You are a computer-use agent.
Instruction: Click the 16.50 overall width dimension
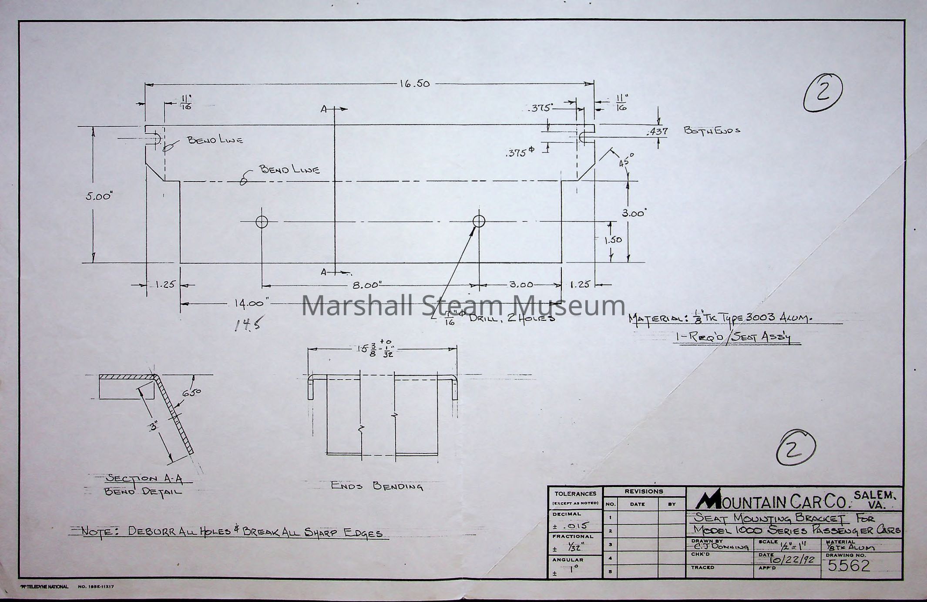tap(414, 84)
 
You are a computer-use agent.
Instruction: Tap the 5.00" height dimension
tap(99, 196)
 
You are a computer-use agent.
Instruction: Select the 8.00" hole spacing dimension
tap(367, 286)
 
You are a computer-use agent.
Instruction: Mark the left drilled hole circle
tap(262, 222)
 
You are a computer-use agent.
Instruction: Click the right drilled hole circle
tap(479, 221)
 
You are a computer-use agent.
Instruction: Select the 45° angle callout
tap(626, 161)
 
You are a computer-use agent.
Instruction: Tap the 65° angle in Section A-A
tap(191, 393)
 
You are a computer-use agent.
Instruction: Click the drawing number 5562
tap(848, 565)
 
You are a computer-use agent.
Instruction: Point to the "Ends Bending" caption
tap(377, 486)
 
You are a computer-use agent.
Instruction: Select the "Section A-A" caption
tap(144, 479)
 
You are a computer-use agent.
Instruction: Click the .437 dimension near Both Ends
tap(658, 131)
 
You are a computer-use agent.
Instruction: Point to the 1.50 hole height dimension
tap(613, 240)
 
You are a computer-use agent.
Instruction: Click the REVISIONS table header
tap(644, 491)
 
